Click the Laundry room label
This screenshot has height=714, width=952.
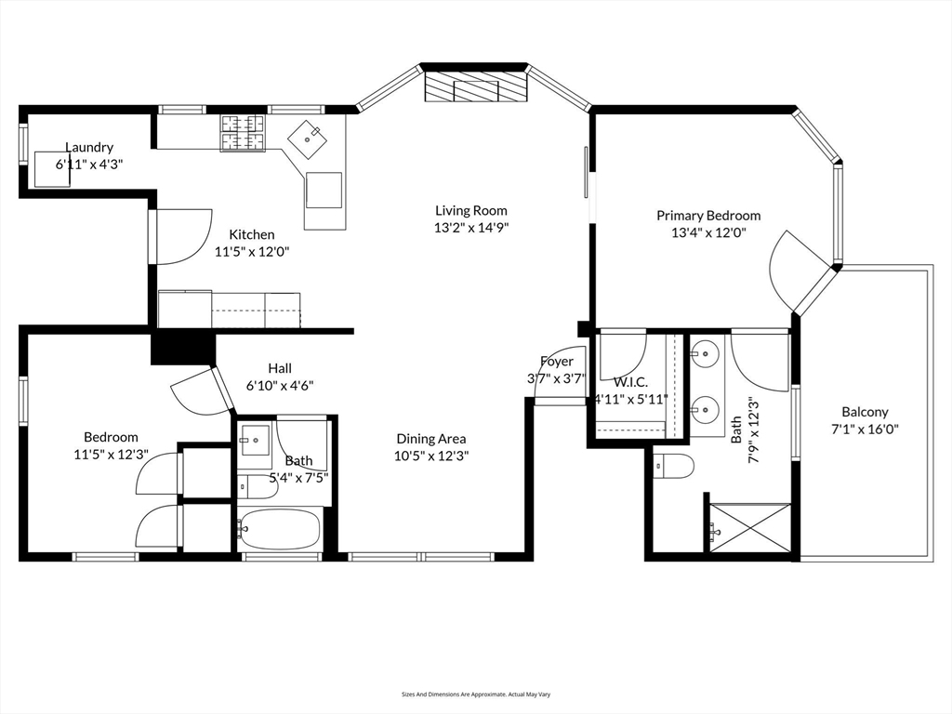pyautogui.click(x=89, y=147)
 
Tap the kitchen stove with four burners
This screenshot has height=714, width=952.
pyautogui.click(x=242, y=132)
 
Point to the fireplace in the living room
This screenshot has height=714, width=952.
pyautogui.click(x=474, y=88)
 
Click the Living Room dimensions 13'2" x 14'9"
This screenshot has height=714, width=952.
pyautogui.click(x=471, y=227)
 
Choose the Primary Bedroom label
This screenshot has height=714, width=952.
pyautogui.click(x=708, y=216)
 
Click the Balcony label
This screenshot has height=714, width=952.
pyautogui.click(x=865, y=412)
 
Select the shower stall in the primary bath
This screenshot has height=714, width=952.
pyautogui.click(x=749, y=530)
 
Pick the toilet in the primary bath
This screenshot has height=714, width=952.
pyautogui.click(x=674, y=467)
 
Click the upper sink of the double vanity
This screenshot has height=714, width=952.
pyautogui.click(x=707, y=353)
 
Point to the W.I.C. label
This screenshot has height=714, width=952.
pyautogui.click(x=630, y=382)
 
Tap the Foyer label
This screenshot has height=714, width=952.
pyautogui.click(x=557, y=362)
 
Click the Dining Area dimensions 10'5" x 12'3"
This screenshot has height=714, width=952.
pyautogui.click(x=431, y=456)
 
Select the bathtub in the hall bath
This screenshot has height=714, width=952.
pyautogui.click(x=280, y=529)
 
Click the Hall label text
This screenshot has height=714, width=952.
pyautogui.click(x=280, y=368)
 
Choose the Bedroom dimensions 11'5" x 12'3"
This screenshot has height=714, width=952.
pyautogui.click(x=111, y=454)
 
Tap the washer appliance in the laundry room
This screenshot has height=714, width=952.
pyautogui.click(x=53, y=169)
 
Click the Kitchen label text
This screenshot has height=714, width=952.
pyautogui.click(x=252, y=234)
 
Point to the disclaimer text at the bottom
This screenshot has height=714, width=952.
pyautogui.click(x=475, y=694)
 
